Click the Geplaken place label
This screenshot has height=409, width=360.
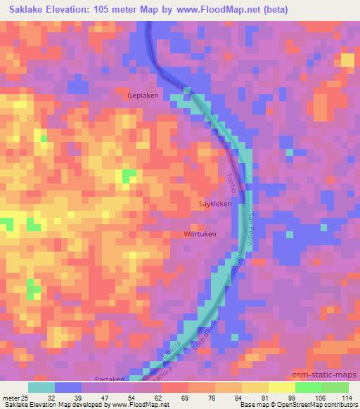click(x=143, y=95)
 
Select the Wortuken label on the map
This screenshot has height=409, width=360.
click(x=200, y=234)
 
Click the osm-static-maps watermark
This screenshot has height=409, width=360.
click(x=330, y=373)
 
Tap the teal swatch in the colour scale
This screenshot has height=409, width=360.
click(x=41, y=387)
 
